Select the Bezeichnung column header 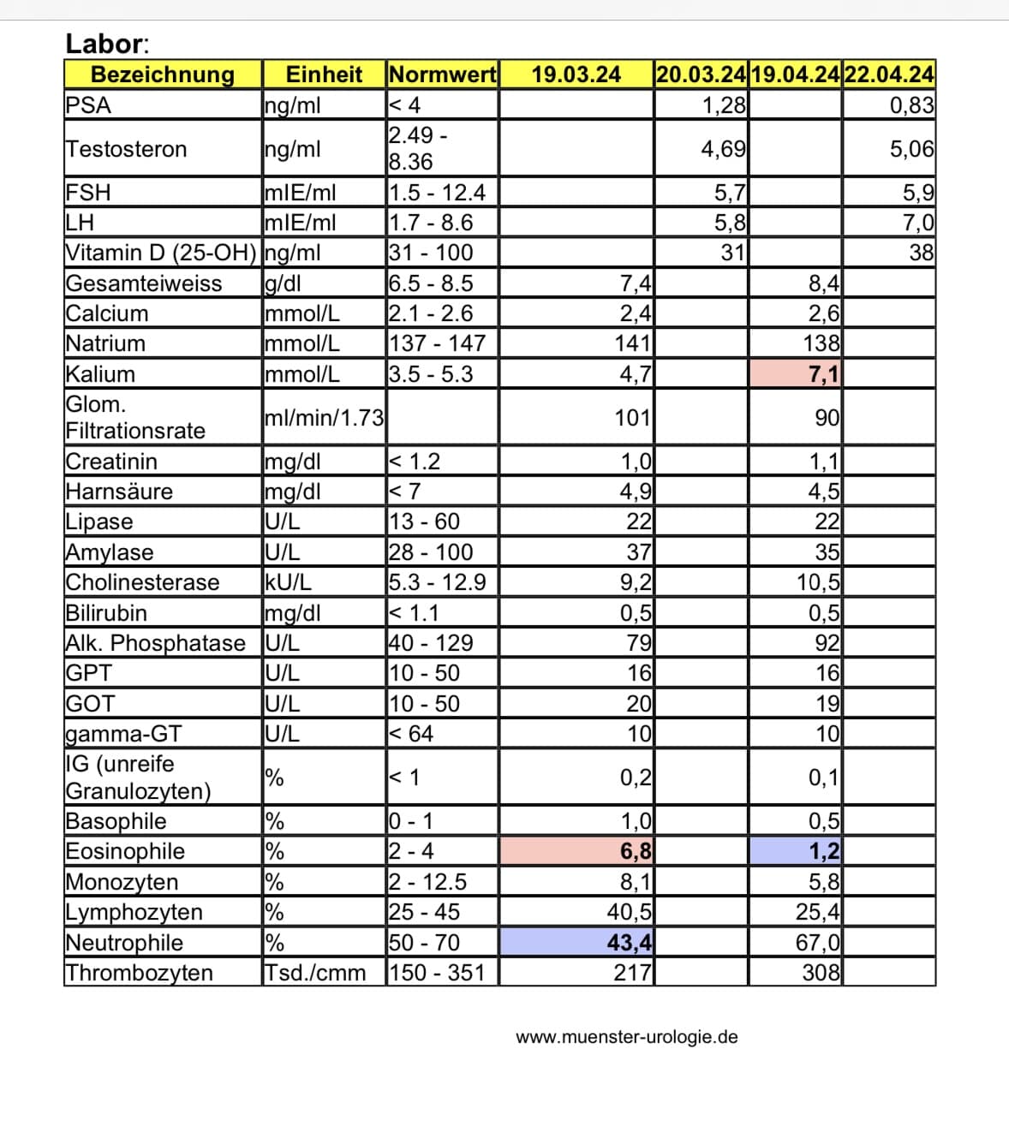(162, 74)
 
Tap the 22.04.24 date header (888, 74)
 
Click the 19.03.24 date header (576, 74)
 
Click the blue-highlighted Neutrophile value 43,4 (630, 943)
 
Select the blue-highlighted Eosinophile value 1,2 (824, 851)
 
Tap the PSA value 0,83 (911, 105)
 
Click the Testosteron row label (126, 149)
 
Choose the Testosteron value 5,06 (911, 149)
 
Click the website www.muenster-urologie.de (626, 1037)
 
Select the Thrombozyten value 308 (821, 973)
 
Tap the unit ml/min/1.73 (324, 418)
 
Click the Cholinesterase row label (142, 582)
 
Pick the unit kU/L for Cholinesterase (288, 582)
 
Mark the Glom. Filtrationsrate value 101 (633, 418)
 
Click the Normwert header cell (442, 74)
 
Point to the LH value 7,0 (918, 223)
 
